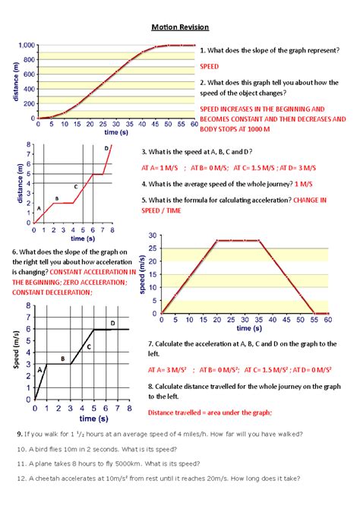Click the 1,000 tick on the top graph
pyautogui.click(x=21, y=46)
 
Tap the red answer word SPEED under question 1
pyautogui.click(x=209, y=67)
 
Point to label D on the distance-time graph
pyautogui.click(x=106, y=149)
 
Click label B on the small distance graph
pyautogui.click(x=56, y=198)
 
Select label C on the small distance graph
pyautogui.click(x=75, y=186)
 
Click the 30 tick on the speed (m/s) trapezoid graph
pyautogui.click(x=153, y=236)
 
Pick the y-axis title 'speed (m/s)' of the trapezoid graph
pyautogui.click(x=141, y=273)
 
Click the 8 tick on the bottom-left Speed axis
pyautogui.click(x=28, y=307)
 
